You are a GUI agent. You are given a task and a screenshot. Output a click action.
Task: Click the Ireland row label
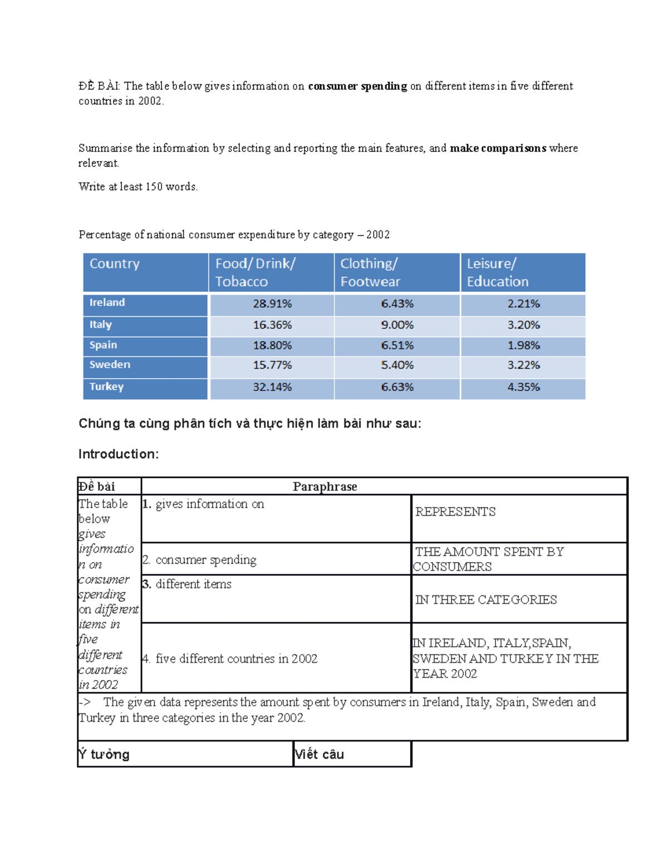point(107,302)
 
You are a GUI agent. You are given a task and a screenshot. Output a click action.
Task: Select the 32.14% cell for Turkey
point(272,387)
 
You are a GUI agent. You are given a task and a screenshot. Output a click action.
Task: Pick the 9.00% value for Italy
point(397,325)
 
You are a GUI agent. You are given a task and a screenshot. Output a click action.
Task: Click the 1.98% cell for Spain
point(523,345)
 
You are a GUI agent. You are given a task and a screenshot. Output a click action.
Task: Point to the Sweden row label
point(110,365)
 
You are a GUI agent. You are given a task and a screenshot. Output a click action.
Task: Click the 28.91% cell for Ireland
point(272,304)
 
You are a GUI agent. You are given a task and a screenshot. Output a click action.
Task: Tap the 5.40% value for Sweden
point(397,365)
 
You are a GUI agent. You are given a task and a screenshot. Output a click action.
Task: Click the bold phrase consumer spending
point(357,86)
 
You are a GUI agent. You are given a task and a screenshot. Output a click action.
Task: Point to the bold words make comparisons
point(498,148)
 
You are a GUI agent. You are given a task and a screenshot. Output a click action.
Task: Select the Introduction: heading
point(119,454)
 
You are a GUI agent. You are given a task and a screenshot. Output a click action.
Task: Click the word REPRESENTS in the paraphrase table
point(455,512)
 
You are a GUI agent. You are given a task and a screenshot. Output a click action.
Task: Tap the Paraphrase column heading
point(325,486)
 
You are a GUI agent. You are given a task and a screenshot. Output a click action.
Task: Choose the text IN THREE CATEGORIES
point(485,600)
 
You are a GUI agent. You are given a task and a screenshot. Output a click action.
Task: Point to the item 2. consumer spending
point(200,560)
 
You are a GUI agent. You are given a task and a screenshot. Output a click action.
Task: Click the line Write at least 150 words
point(138,187)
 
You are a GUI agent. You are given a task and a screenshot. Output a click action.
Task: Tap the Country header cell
point(115,264)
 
